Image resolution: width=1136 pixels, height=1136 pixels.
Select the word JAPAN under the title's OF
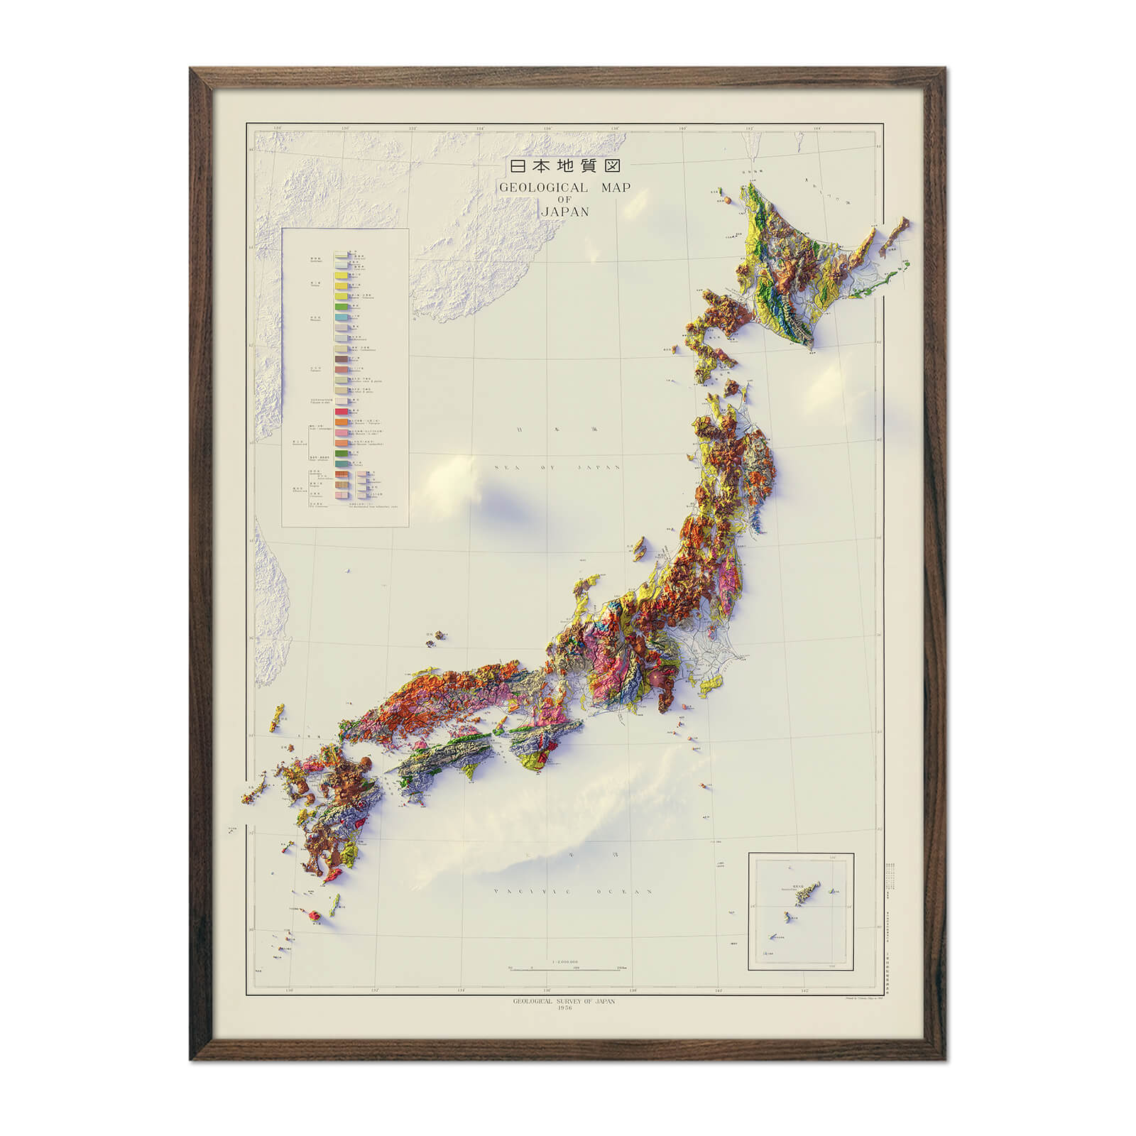[564, 212]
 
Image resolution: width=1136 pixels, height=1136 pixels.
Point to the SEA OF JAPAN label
[558, 468]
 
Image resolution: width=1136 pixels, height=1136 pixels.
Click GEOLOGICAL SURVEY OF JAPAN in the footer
[564, 1001]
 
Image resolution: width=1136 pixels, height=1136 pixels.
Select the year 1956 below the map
[564, 1009]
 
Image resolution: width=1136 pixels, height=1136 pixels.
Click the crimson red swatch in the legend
[342, 412]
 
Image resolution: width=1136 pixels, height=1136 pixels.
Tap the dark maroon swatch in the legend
[342, 359]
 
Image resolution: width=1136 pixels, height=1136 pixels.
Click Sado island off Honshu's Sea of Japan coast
[640, 547]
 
